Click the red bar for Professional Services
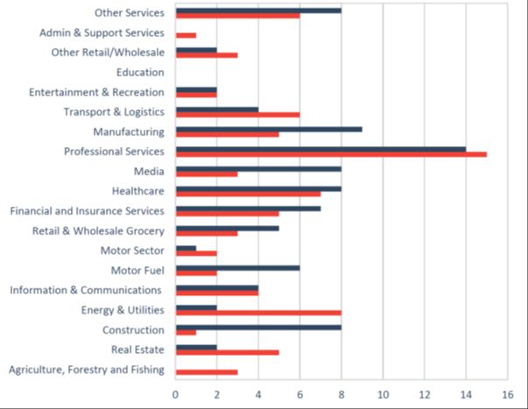pyautogui.click(x=331, y=154)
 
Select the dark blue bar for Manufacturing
pyautogui.click(x=269, y=129)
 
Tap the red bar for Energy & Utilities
pyautogui.click(x=258, y=313)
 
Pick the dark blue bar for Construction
pyautogui.click(x=258, y=327)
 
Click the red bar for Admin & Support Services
pyautogui.click(x=186, y=35)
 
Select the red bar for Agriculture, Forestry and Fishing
pyautogui.click(x=207, y=372)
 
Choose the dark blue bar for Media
pyautogui.click(x=258, y=168)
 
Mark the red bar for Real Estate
pyautogui.click(x=228, y=352)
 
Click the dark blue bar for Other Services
pyautogui.click(x=258, y=11)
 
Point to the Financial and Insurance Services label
pyautogui.click(x=87, y=210)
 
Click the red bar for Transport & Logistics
pyautogui.click(x=237, y=115)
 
